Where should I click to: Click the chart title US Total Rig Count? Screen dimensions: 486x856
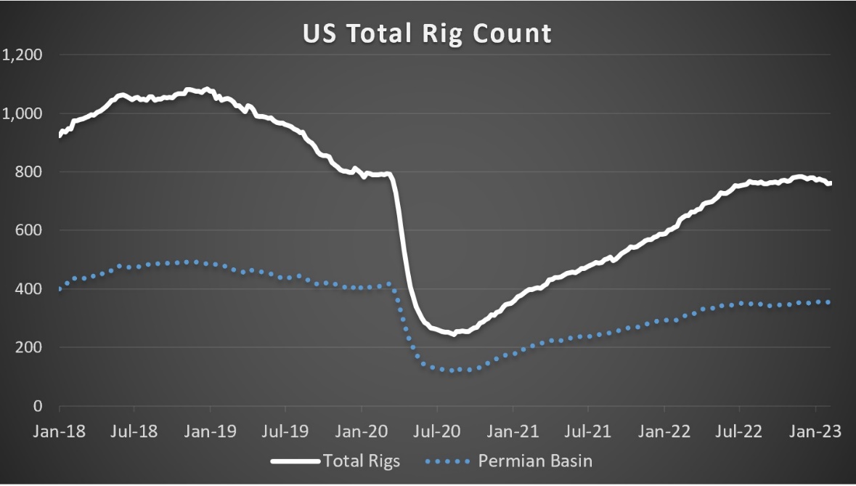pos(427,33)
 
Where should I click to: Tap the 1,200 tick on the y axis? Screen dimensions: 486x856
pos(23,55)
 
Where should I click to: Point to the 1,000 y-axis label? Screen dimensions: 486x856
pos(23,114)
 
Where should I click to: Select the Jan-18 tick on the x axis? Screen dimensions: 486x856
pos(60,431)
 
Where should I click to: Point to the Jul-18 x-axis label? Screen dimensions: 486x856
pos(135,431)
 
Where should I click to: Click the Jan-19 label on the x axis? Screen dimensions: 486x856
pos(211,431)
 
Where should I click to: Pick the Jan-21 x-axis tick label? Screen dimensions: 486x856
pos(513,431)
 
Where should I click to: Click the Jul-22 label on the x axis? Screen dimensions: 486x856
pos(739,431)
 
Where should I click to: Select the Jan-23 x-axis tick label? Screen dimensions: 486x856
pos(815,431)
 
